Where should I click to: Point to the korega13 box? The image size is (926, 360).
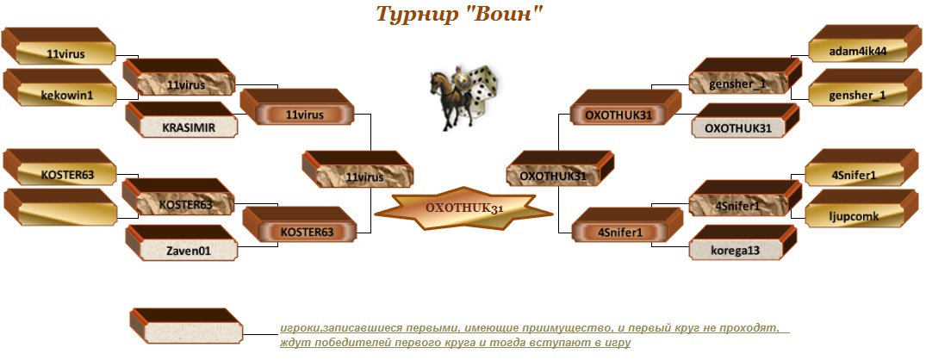(x=745, y=242)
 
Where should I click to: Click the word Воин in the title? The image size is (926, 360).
(x=500, y=13)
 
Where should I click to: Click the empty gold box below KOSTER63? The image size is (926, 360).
(x=59, y=208)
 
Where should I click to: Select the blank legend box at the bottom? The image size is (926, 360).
(x=185, y=326)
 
